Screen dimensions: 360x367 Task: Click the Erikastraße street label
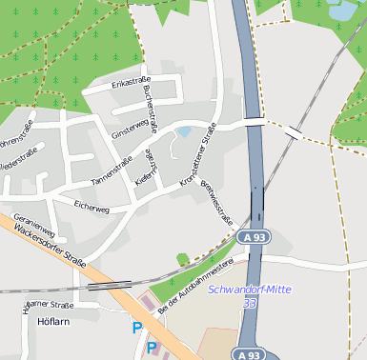point(132,85)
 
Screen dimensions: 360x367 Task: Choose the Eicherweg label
point(92,207)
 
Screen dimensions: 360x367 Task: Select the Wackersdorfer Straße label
point(47,250)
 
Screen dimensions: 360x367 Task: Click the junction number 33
point(250,303)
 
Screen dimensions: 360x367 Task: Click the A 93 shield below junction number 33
point(249,354)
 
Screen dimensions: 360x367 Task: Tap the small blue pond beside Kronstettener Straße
point(183,131)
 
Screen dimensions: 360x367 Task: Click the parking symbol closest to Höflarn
point(136,329)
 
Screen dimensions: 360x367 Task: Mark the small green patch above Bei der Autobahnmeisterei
point(182,258)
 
